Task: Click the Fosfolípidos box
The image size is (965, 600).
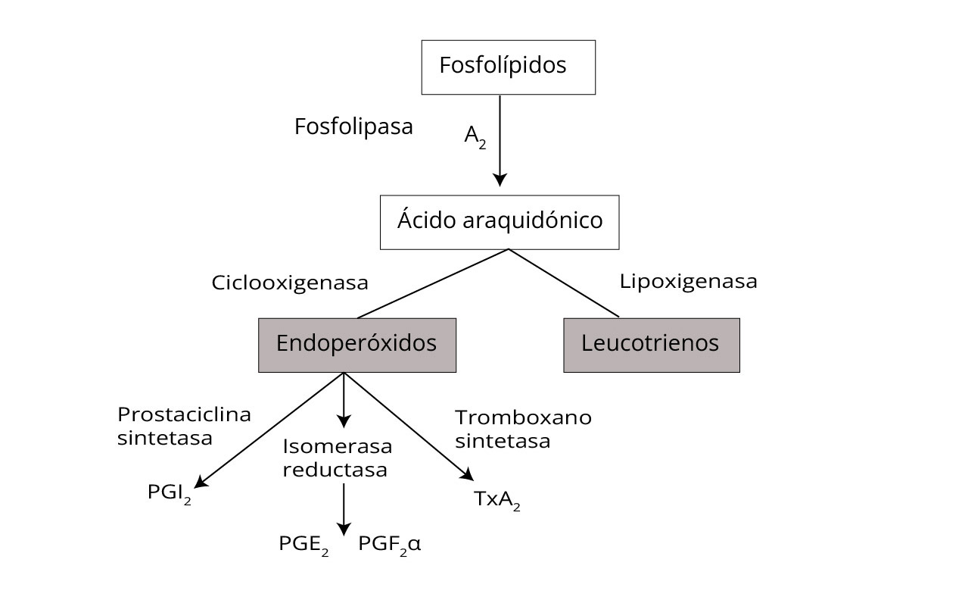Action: (509, 67)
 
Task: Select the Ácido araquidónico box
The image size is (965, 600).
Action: (500, 222)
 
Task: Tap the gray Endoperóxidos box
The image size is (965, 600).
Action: (357, 345)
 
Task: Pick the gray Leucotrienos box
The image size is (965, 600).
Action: (652, 345)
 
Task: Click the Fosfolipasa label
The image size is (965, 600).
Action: (353, 127)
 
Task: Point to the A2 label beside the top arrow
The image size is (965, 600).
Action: (475, 137)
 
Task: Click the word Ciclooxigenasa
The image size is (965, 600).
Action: (290, 283)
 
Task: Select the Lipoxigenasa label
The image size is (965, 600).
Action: (689, 282)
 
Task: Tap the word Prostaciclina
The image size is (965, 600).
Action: (185, 414)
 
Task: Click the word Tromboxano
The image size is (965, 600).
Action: (524, 417)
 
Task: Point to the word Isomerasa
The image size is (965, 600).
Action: (338, 446)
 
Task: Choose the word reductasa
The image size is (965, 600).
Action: (335, 470)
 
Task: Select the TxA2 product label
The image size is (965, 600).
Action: (497, 500)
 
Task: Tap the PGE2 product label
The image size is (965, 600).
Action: (304, 545)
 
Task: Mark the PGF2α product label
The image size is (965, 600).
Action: (390, 545)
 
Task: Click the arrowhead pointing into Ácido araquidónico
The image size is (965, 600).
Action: (500, 180)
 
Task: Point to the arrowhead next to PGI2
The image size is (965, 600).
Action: (201, 482)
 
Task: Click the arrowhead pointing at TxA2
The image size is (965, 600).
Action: (468, 474)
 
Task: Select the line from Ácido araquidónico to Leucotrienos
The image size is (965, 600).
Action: (564, 283)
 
